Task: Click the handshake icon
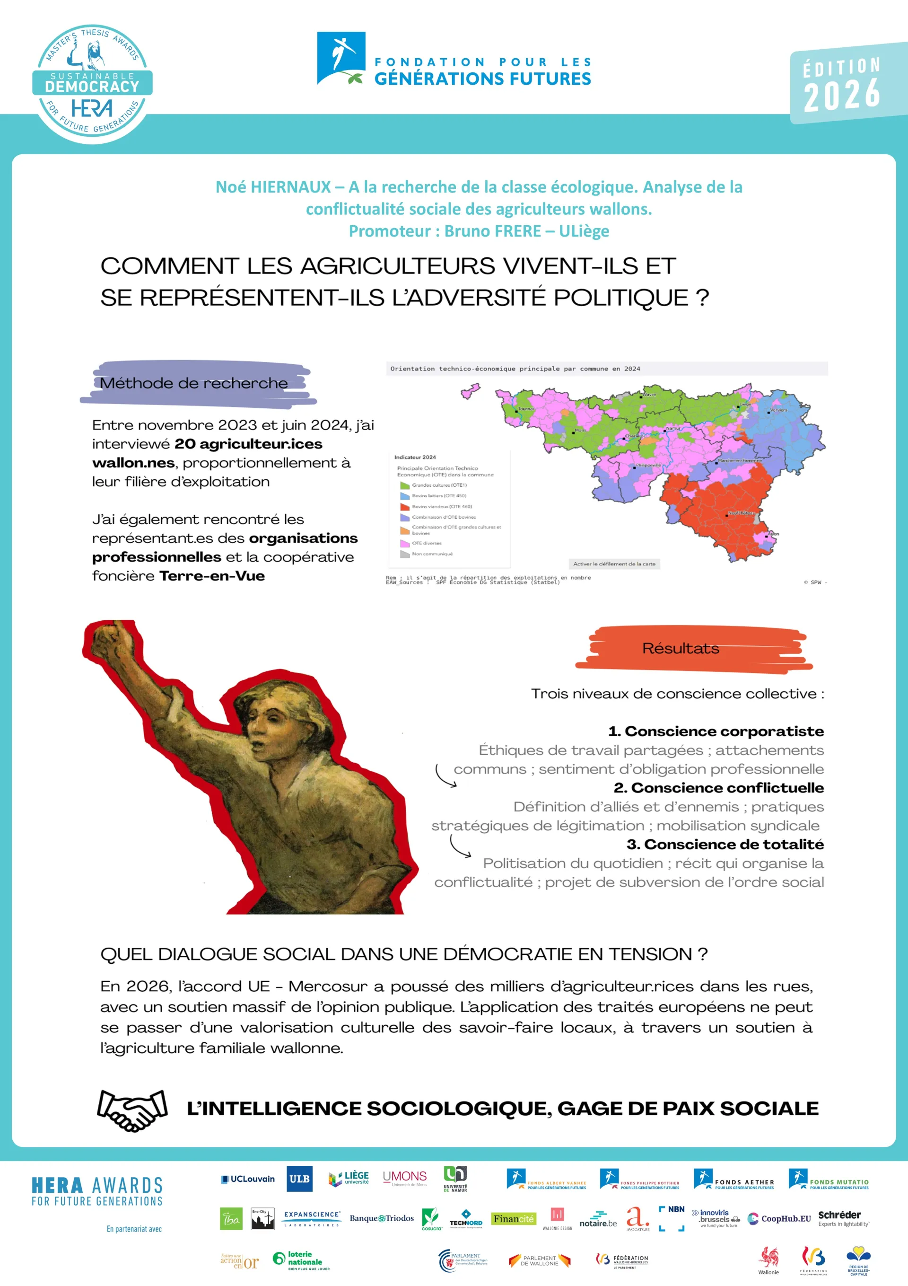tap(132, 1110)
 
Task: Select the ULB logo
tap(299, 1179)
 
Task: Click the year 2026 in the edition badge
tap(841, 95)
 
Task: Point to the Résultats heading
tap(680, 648)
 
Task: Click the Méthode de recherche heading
tap(194, 383)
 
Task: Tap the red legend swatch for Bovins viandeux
tap(405, 506)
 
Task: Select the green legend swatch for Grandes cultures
tap(405, 485)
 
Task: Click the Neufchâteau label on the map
tap(741, 512)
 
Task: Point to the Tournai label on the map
tap(526, 409)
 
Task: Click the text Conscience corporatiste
tap(724, 731)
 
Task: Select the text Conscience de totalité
tap(733, 844)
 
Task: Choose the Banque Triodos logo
tap(382, 1218)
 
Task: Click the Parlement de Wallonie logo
tap(539, 1260)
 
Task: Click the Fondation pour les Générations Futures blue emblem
tap(341, 58)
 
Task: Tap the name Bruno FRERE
tap(493, 231)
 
